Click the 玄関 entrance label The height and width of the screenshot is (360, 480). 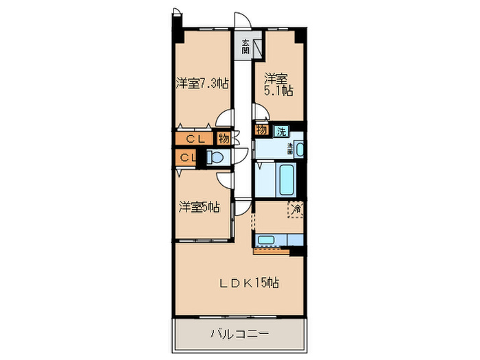pyautogui.click(x=245, y=48)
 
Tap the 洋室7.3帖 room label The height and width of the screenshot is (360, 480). pyautogui.click(x=202, y=84)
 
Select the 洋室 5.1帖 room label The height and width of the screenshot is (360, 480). pyautogui.click(x=279, y=85)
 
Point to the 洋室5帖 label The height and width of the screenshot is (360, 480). pyautogui.click(x=200, y=206)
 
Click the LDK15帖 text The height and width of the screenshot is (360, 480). pyautogui.click(x=248, y=282)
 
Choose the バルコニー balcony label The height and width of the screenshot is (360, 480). pyautogui.click(x=238, y=335)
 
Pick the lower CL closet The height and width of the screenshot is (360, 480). pyautogui.click(x=187, y=158)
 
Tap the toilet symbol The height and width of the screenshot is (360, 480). pyautogui.click(x=217, y=158)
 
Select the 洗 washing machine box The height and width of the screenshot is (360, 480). pyautogui.click(x=281, y=131)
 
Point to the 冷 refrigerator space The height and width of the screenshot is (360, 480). pyautogui.click(x=296, y=208)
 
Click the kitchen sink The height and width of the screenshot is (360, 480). pyautogui.click(x=266, y=240)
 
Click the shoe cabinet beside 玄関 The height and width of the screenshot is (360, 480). pyautogui.click(x=259, y=48)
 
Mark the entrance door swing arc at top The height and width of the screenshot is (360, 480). pyautogui.click(x=240, y=21)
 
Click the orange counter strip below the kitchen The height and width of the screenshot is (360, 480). pyautogui.click(x=271, y=250)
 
